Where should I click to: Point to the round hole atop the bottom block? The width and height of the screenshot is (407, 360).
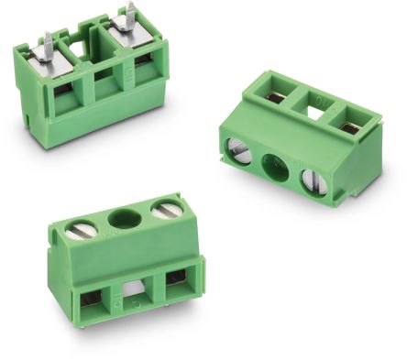(122, 219)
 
